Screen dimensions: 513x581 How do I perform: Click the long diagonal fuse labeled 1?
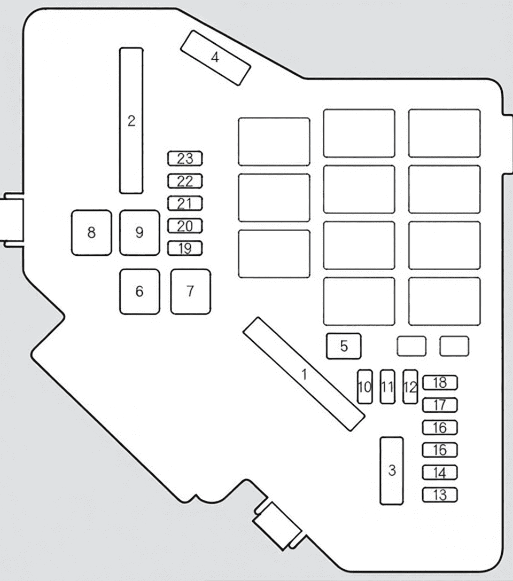click(x=304, y=374)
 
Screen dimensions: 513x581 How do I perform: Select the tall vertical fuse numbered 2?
click(x=131, y=121)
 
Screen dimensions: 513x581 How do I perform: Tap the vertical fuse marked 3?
click(x=392, y=470)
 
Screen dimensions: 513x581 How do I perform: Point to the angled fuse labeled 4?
click(x=216, y=58)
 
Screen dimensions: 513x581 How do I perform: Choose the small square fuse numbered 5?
click(x=344, y=346)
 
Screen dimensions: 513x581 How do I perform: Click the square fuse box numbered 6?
click(x=140, y=292)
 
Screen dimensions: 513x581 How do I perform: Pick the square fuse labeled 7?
click(x=191, y=292)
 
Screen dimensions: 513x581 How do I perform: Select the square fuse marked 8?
click(x=91, y=233)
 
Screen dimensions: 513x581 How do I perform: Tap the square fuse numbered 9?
click(x=140, y=233)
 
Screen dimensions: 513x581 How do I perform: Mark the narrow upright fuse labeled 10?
click(x=365, y=387)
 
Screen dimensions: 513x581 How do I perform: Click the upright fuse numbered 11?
click(x=388, y=387)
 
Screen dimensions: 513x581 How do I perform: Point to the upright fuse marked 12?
click(x=410, y=387)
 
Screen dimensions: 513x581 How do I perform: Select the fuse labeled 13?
click(x=440, y=495)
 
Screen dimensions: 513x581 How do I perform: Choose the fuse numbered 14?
click(x=440, y=473)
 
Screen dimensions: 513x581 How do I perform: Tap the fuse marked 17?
click(x=440, y=405)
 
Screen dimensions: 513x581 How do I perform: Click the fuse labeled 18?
click(x=440, y=383)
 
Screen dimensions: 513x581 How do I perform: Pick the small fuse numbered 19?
click(x=185, y=248)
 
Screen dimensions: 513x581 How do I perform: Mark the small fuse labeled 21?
click(x=185, y=203)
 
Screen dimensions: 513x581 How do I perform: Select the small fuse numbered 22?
click(x=185, y=181)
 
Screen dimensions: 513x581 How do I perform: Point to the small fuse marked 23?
click(x=185, y=159)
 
